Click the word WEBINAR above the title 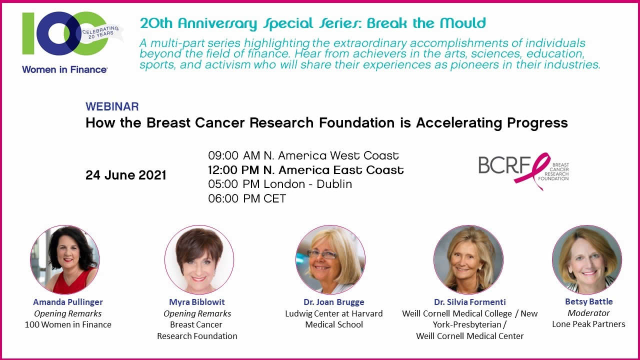click(x=112, y=106)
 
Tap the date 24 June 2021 click(x=125, y=175)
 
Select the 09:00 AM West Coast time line click(x=303, y=155)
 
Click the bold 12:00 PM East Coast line click(x=305, y=170)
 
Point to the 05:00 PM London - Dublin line click(x=280, y=184)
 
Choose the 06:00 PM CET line click(x=247, y=198)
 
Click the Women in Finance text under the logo click(x=64, y=69)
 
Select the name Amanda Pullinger click(x=68, y=302)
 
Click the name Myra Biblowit click(x=197, y=302)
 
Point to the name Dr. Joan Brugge click(x=333, y=302)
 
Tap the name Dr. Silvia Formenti click(x=469, y=302)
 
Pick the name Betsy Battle click(x=589, y=301)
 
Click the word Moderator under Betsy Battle click(x=588, y=313)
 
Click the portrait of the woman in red click(x=65, y=259)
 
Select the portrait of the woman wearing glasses click(x=330, y=259)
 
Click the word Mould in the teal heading click(x=463, y=23)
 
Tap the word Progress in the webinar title click(x=537, y=123)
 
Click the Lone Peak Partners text click(x=588, y=324)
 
